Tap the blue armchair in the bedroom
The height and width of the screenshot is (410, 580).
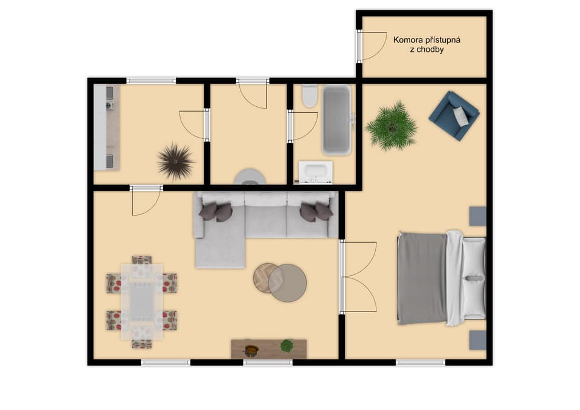click(454, 116)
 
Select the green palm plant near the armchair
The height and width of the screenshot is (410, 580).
click(391, 126)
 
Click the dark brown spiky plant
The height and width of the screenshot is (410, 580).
click(176, 162)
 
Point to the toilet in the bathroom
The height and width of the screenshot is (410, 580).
click(309, 96)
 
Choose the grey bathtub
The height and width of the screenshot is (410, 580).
click(337, 120)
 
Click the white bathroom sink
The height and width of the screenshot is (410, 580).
click(315, 172)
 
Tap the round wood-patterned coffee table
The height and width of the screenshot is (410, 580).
click(266, 278)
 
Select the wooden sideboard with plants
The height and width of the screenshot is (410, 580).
click(269, 349)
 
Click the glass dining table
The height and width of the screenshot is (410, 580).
click(141, 301)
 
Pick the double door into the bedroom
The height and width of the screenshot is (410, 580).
click(358, 277)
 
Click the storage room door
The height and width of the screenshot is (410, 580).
click(372, 45)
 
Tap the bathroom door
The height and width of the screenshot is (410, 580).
click(302, 126)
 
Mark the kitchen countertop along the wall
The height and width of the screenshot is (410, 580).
click(106, 127)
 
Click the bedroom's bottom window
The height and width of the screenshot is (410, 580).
click(420, 362)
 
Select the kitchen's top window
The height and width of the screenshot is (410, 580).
click(151, 80)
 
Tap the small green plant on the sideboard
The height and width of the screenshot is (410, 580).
click(286, 345)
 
